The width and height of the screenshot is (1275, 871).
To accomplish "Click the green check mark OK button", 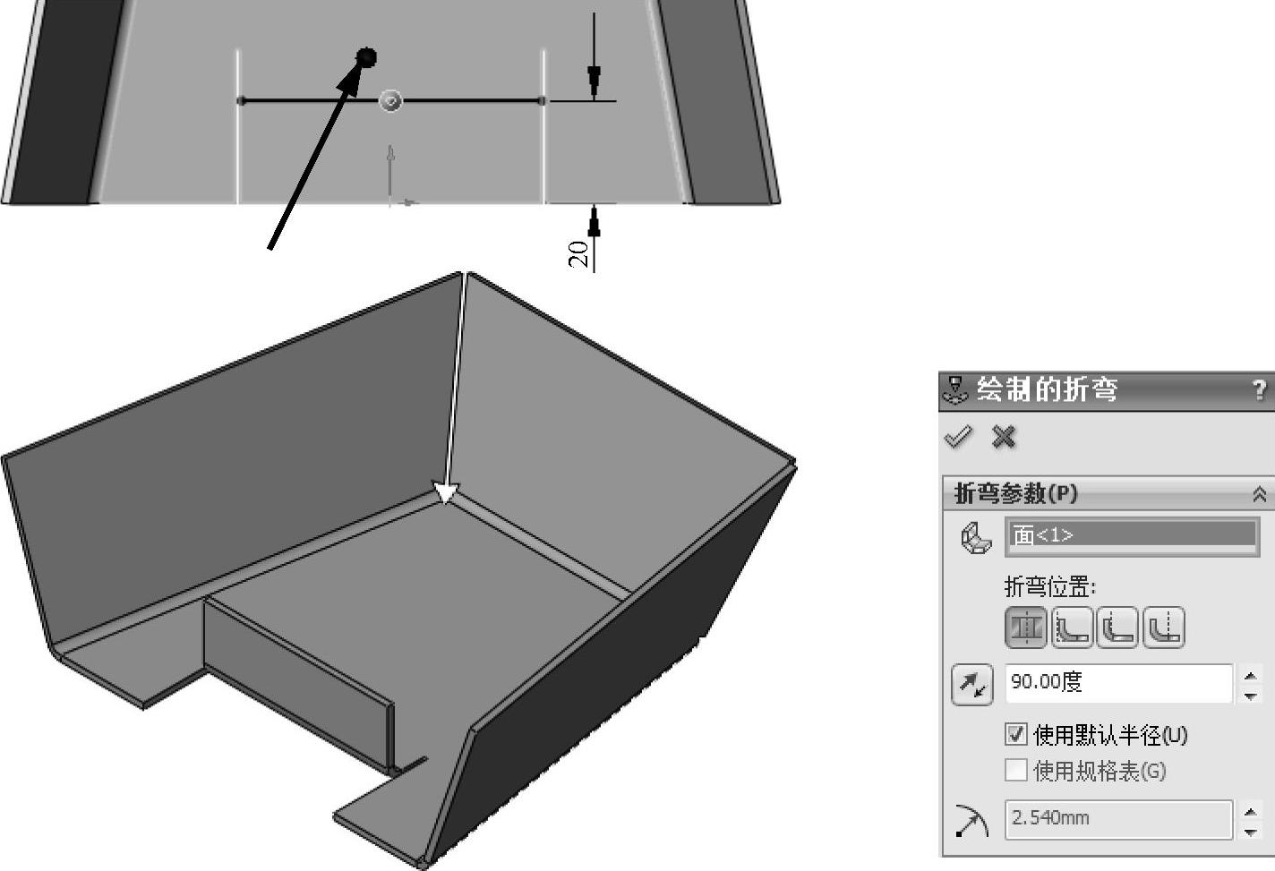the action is pyautogui.click(x=959, y=437).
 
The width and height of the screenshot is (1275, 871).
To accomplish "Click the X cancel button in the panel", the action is pyautogui.click(x=1003, y=437).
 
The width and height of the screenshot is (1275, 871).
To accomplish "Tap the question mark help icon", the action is pyautogui.click(x=1259, y=390).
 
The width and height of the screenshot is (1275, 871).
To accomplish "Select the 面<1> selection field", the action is pyautogui.click(x=1133, y=536).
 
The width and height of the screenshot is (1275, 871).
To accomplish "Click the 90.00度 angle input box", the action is pyautogui.click(x=1119, y=683).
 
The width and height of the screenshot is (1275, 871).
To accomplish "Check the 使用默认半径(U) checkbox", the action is pyautogui.click(x=1016, y=734).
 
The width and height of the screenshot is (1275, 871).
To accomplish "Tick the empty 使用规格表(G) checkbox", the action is pyautogui.click(x=1016, y=771).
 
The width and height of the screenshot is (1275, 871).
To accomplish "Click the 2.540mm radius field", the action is pyautogui.click(x=1119, y=819).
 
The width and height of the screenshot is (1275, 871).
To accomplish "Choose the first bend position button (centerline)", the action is pyautogui.click(x=1026, y=628).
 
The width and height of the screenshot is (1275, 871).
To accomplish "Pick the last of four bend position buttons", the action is pyautogui.click(x=1164, y=628).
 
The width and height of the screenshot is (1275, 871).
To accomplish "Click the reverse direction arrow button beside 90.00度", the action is pyautogui.click(x=972, y=685).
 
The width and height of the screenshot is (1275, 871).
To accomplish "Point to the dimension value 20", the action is pyautogui.click(x=578, y=254).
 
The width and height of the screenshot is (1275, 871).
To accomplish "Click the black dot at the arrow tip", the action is pyautogui.click(x=366, y=57).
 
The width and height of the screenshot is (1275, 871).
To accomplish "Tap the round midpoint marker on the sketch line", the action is pyautogui.click(x=390, y=101).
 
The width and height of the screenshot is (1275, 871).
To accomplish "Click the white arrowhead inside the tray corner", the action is pyautogui.click(x=446, y=493).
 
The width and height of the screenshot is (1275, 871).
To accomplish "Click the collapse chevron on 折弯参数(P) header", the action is pyautogui.click(x=1260, y=494).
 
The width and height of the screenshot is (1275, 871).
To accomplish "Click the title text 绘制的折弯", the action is pyautogui.click(x=1048, y=390).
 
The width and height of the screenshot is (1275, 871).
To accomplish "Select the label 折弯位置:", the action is pyautogui.click(x=1050, y=587).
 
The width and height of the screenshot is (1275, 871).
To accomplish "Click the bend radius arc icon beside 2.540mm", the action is pyautogui.click(x=972, y=821).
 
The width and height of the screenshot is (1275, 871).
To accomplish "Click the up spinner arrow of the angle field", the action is pyautogui.click(x=1251, y=676).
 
